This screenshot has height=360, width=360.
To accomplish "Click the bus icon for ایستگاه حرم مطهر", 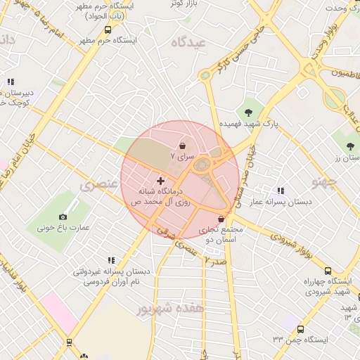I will click(x=108, y=30).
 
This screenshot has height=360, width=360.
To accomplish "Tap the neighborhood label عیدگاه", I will click(x=186, y=43).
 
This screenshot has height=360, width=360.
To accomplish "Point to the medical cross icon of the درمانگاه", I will click(x=160, y=181).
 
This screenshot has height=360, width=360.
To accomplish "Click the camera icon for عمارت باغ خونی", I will click(x=63, y=217).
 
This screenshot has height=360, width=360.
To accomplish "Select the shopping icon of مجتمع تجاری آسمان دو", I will click(x=221, y=219).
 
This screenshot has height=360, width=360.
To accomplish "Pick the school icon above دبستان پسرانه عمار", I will click(x=281, y=191).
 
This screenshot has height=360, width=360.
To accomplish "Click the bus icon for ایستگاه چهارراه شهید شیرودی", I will click(x=328, y=271).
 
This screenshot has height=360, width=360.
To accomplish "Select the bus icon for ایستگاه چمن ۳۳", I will click(x=301, y=329).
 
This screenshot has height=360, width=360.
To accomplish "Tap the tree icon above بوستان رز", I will click(x=349, y=146).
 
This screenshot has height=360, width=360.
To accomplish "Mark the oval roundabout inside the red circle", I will click(x=202, y=165).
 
